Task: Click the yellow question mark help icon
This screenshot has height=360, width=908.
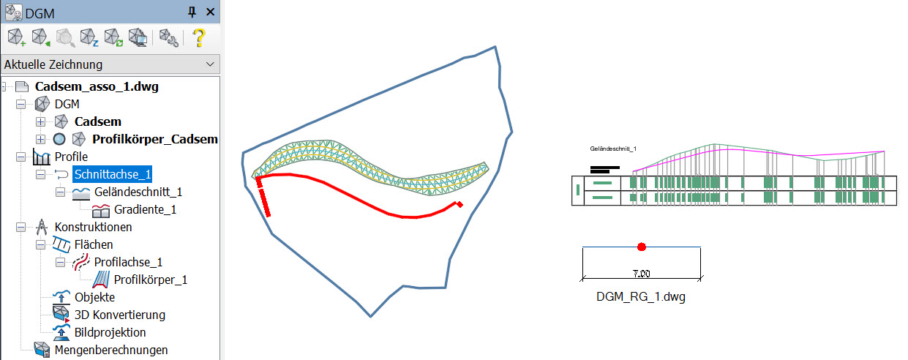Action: [x=198, y=37]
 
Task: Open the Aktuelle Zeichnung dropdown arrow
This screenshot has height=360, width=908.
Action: [x=211, y=64]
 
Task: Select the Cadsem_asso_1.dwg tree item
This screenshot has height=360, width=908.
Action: [x=97, y=86]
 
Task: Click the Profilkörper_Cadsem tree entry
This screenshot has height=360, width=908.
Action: [x=154, y=139]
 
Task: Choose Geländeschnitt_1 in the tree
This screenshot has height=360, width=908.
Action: [x=138, y=192]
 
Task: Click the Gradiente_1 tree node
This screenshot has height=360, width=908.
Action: [x=146, y=209]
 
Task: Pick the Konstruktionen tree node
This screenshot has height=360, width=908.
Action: [x=93, y=227]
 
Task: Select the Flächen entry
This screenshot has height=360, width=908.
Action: [x=94, y=244]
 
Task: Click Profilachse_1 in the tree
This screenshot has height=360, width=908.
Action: [x=128, y=262]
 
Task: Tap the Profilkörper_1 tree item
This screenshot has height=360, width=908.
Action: [x=151, y=280]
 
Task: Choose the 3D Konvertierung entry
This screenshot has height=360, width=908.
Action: [x=119, y=315]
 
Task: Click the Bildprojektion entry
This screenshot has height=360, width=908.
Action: [x=110, y=332]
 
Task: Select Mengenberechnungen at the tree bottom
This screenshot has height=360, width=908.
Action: [x=110, y=350]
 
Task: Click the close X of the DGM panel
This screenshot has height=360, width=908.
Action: [x=210, y=11]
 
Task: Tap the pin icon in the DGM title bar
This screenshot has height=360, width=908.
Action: [x=192, y=11]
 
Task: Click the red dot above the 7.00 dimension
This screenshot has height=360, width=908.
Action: [x=642, y=247]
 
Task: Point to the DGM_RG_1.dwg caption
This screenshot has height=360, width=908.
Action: [x=642, y=297]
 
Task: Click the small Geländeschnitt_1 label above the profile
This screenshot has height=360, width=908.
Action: [x=613, y=149]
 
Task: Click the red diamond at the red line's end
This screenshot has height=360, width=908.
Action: [x=459, y=204]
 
